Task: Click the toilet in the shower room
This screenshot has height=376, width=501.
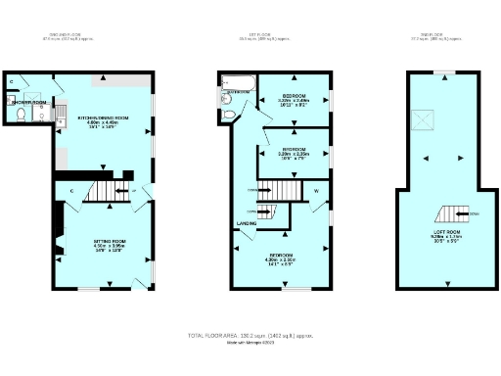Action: (x=21, y=115)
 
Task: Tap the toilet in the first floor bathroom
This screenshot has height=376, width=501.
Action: (x=229, y=115)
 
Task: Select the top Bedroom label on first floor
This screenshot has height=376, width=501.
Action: (x=294, y=94)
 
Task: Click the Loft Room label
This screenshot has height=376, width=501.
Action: (x=444, y=232)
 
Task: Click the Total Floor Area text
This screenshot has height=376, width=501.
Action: (x=250, y=336)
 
